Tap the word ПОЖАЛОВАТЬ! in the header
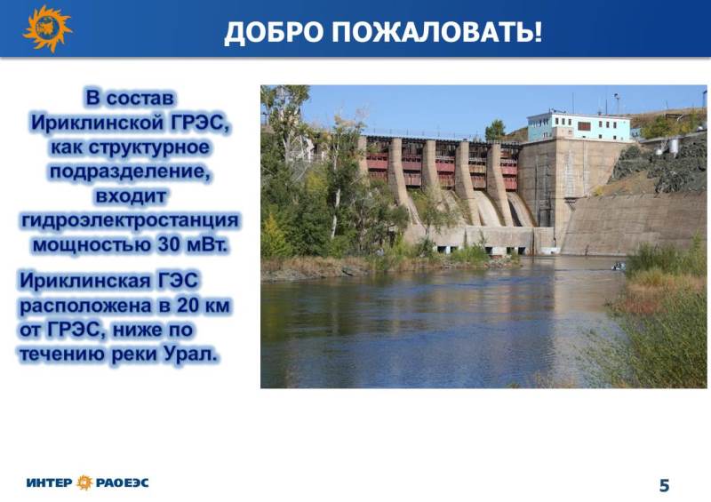coord(437,32)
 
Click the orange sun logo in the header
coord(47,28)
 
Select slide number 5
coord(664,485)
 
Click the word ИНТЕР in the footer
coord(49,482)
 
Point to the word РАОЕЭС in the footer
coord(122,482)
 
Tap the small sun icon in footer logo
coord(84,482)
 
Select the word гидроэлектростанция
coord(130,220)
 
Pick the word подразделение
coord(130,172)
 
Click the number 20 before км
coord(188,306)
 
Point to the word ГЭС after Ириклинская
coord(177,281)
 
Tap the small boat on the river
coord(618,267)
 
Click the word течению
coord(62,355)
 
